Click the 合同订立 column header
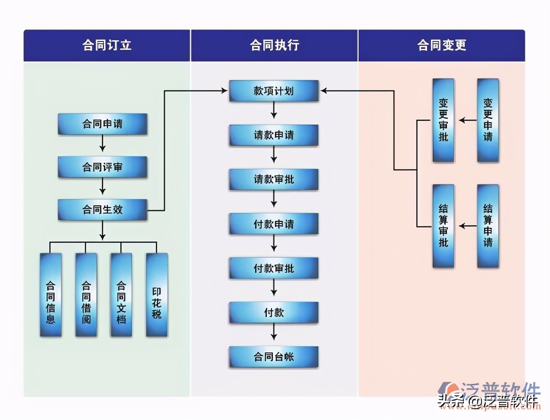tap(107, 45)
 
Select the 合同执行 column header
tap(274, 45)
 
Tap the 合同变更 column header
tap(441, 45)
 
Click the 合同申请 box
tap(103, 124)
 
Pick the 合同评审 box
tap(103, 167)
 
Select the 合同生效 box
tap(103, 210)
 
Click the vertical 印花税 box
tap(156, 295)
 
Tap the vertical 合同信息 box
tap(51, 295)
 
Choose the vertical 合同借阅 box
tap(86, 295)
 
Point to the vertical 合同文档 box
tap(121, 295)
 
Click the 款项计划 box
tap(274, 91)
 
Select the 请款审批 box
tap(274, 179)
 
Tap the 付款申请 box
tap(274, 224)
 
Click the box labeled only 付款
tap(274, 312)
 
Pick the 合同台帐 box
tap(274, 357)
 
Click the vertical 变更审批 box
tap(443, 120)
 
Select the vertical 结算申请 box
tap(488, 226)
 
